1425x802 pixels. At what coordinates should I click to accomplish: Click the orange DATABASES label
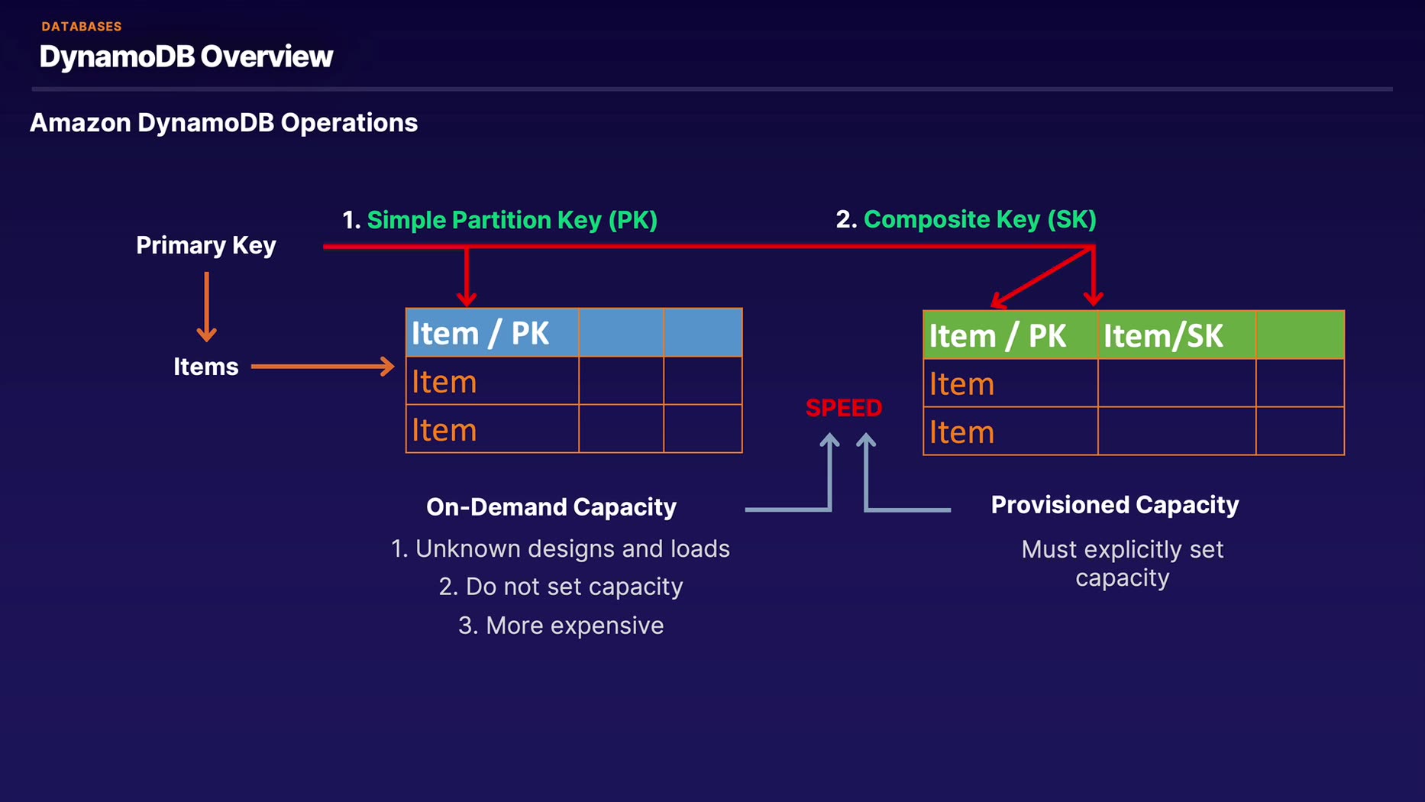[x=82, y=27]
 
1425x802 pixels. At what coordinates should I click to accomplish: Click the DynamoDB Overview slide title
[x=186, y=57]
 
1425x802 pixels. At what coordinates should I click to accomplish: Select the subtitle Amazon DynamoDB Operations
[x=224, y=123]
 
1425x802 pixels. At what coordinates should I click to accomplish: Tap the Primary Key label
[x=206, y=245]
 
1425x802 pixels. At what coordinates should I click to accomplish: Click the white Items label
[x=206, y=367]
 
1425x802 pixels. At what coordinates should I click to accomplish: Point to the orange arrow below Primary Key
[x=206, y=307]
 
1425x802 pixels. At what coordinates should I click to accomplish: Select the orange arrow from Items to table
[x=323, y=367]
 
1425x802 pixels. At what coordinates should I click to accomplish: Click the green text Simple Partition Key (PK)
[x=512, y=220]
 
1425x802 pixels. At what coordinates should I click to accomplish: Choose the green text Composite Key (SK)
[x=980, y=219]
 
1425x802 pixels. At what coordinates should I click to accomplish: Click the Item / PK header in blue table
[x=480, y=334]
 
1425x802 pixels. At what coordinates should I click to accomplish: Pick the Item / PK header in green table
[x=997, y=336]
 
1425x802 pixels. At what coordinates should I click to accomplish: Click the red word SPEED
[x=844, y=408]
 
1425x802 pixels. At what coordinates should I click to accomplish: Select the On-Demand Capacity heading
[x=551, y=507]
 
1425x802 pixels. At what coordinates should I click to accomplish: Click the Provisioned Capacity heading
[x=1115, y=505]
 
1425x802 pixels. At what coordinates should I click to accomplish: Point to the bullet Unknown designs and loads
[x=561, y=549]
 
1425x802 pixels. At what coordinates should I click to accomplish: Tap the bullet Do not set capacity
[x=561, y=587]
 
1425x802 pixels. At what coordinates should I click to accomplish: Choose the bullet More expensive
[x=561, y=626]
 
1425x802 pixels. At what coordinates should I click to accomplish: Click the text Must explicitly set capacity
[x=1123, y=564]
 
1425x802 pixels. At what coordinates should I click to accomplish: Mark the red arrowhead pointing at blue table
[x=467, y=298]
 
